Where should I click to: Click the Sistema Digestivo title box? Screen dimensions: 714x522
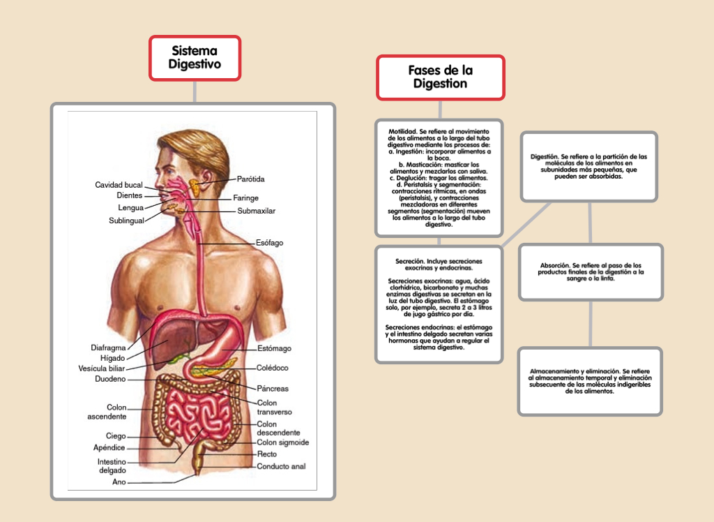click(x=195, y=58)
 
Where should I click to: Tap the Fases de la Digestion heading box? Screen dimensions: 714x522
click(x=441, y=77)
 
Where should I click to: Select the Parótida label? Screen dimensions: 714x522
click(x=250, y=179)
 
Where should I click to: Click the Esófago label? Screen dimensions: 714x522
click(x=269, y=243)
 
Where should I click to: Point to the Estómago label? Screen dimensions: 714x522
click(x=274, y=348)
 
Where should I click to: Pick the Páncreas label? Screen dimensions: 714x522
click(x=273, y=389)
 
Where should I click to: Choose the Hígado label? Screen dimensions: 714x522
click(x=112, y=358)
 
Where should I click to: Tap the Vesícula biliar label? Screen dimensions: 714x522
click(x=101, y=368)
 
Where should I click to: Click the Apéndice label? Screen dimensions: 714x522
click(x=109, y=448)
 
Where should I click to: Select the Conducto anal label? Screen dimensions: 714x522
click(x=281, y=466)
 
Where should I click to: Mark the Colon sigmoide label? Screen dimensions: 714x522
click(x=283, y=442)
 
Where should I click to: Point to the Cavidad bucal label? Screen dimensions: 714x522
click(x=119, y=185)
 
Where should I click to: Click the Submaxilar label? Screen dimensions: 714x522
click(x=256, y=211)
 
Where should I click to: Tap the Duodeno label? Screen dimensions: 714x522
click(x=110, y=379)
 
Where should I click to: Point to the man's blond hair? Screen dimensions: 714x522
click(x=200, y=146)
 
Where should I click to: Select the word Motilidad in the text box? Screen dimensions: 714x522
click(x=402, y=131)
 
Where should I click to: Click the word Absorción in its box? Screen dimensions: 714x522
click(x=554, y=265)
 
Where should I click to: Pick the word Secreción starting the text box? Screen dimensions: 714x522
click(x=410, y=261)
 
